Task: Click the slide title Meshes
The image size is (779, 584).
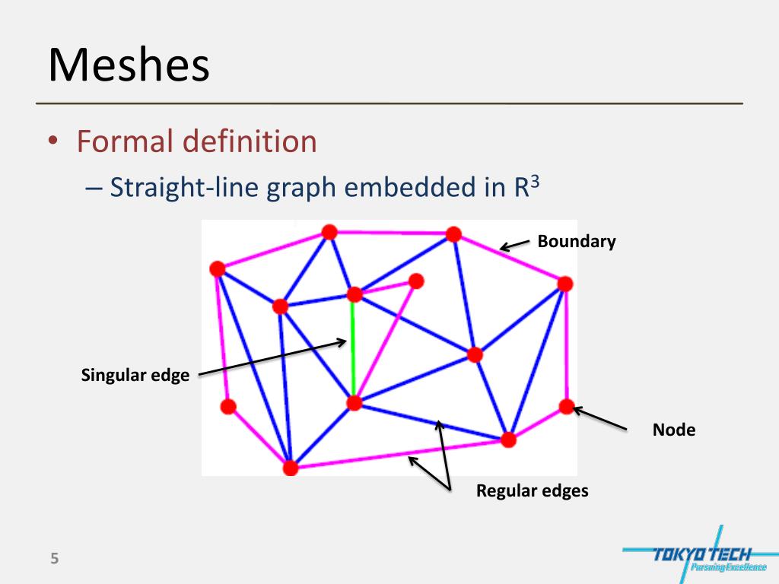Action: point(129,65)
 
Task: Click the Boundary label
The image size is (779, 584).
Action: point(576,242)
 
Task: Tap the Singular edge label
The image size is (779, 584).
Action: point(135,375)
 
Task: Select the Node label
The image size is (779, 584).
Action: point(673,430)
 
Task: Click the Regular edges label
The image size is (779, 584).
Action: point(532,490)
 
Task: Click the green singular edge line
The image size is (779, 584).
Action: point(353,350)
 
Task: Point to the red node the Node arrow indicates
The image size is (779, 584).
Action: point(566,406)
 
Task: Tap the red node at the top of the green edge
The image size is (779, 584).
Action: point(354,294)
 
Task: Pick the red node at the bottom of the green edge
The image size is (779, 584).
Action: point(354,403)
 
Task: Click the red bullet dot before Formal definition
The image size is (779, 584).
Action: point(53,142)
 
